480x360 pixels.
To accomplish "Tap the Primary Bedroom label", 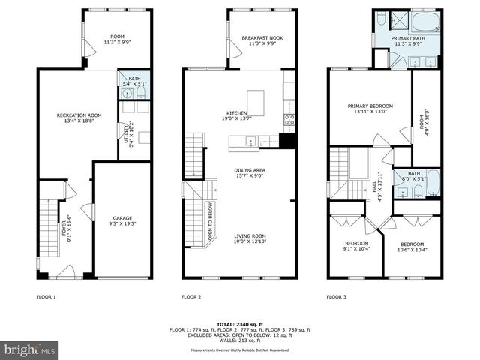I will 370,109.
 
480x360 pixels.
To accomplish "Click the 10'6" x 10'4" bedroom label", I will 412,247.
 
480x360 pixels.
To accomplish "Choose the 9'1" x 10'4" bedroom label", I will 357,246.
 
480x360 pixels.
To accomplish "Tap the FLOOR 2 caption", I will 191,297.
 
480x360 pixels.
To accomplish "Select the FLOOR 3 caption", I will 336,297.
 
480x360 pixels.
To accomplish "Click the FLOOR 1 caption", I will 46,297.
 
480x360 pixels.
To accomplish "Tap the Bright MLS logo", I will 30,350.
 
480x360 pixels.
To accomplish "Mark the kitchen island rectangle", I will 256,100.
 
